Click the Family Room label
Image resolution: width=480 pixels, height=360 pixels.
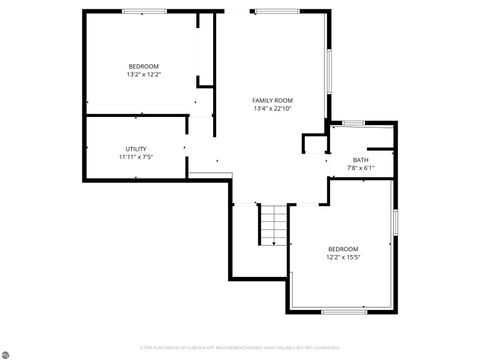[x=272, y=100]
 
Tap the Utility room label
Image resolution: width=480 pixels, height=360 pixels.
[x=136, y=148]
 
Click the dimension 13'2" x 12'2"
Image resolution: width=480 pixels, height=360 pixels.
[x=143, y=74]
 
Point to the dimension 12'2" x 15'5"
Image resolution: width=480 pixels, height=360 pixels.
[x=342, y=257]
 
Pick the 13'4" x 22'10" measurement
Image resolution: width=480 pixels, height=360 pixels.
[x=272, y=108]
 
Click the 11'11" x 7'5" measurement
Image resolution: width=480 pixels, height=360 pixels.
[x=136, y=156]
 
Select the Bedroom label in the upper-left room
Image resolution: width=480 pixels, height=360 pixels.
[x=143, y=66]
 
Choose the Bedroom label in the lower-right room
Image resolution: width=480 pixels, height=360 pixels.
[x=342, y=249]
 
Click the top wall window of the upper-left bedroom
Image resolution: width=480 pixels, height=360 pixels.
[x=144, y=11]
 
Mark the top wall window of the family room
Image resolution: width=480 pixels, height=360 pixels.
[x=271, y=11]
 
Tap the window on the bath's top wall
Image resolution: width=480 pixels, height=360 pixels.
[x=353, y=122]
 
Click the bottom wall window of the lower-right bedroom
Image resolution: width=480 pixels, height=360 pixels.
[x=343, y=311]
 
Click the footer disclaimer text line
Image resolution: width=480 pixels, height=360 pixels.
[x=240, y=348]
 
